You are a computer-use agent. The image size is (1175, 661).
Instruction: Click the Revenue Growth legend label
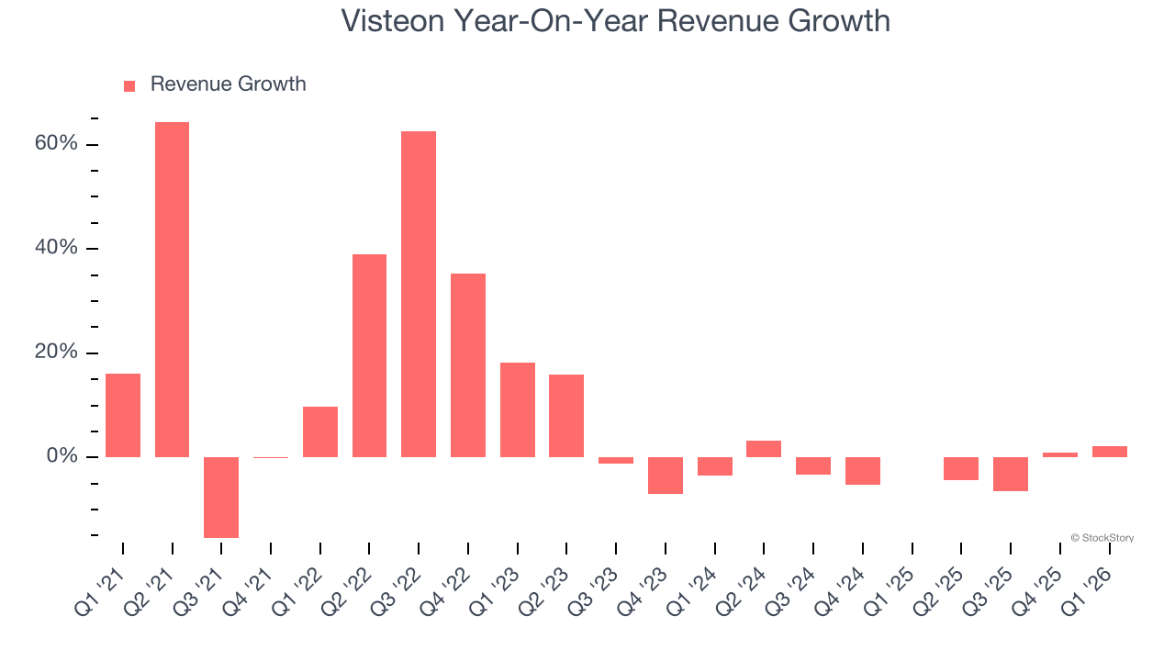pos(228,84)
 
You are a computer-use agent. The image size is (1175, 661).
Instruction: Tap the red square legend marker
pos(129,85)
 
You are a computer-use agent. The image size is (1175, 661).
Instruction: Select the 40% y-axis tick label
pos(57,249)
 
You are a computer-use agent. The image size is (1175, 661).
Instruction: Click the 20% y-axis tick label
pos(57,353)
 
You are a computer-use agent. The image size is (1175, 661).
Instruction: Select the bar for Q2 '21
pos(172,289)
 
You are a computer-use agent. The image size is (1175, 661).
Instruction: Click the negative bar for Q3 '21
pos(221,497)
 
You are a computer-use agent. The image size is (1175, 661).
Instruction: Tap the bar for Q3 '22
pos(419,294)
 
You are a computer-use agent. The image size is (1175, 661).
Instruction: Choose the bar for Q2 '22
pos(369,355)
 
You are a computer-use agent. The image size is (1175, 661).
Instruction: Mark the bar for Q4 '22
pos(468,364)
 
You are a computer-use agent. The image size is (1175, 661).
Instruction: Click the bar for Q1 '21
pos(123,415)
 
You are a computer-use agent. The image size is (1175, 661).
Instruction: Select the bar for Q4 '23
pos(666,475)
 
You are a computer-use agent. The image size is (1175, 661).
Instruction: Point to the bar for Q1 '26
pos(1109,452)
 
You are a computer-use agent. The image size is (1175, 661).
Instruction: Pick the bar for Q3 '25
pos(1011,474)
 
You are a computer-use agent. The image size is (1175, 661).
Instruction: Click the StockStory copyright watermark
pos(1102,538)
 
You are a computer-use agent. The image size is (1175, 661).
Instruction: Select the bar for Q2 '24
pos(764,449)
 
